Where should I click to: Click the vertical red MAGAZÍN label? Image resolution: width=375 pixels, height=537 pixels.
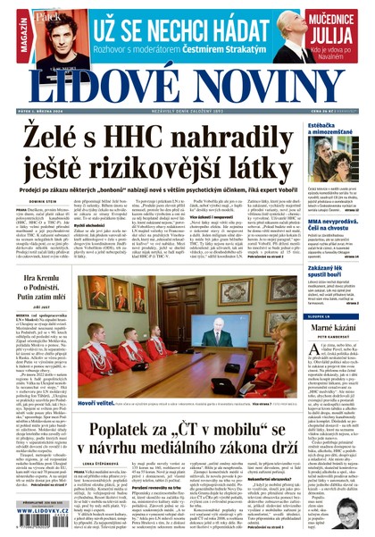[8, 37]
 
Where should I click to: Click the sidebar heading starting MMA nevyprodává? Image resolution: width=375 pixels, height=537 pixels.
[336, 220]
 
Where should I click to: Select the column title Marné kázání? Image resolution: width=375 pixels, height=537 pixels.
[331, 332]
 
